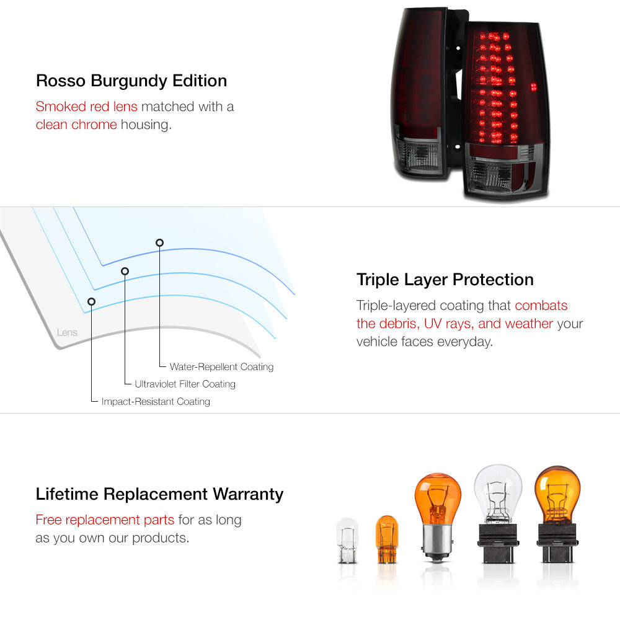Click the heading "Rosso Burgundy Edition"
coord(131,81)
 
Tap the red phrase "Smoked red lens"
coord(87,107)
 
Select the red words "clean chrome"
coord(76,125)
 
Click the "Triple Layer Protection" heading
coord(445,280)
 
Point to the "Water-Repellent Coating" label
coord(221,366)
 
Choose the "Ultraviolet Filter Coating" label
coord(185,384)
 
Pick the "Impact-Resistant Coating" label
coord(156,401)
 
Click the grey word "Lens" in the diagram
coord(67,332)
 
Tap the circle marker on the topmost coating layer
coord(159,243)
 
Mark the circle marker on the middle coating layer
coord(125,272)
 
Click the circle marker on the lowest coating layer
coord(91,302)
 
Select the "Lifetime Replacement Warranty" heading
coord(159,494)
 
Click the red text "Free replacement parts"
coord(105,520)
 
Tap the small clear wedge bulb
coord(347,541)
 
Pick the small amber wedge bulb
coord(386,539)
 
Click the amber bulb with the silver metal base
coord(437,517)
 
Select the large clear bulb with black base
coord(498,513)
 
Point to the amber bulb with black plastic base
coord(557,514)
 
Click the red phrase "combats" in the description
coord(541,306)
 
